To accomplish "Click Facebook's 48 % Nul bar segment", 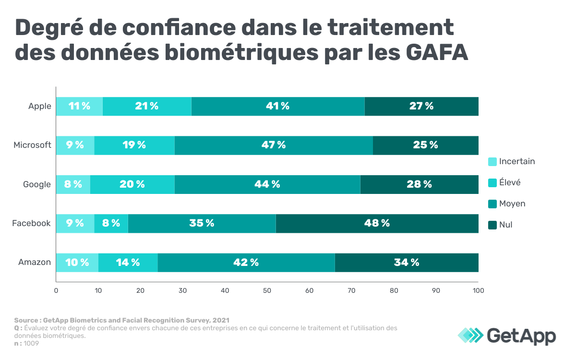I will [377, 223].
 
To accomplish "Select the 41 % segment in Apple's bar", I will [277, 106].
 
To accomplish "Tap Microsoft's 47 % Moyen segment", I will [274, 145].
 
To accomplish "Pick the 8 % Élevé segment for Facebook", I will [111, 223].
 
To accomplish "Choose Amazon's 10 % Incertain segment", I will [77, 263].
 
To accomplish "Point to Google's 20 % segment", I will [132, 184].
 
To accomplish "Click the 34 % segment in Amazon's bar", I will [407, 263].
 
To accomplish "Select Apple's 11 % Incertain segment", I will [79, 106].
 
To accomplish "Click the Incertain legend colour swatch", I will [492, 162].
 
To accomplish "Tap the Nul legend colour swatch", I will [492, 225].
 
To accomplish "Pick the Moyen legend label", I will [512, 204].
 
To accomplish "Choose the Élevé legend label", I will [510, 182].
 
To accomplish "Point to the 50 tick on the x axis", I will [267, 290].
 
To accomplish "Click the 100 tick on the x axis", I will [478, 290].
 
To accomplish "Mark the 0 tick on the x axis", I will [56, 290].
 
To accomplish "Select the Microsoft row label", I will [32, 145].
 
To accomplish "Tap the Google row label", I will [37, 184].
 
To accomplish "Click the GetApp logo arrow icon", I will [470, 335].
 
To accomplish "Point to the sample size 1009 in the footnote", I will [32, 343].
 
